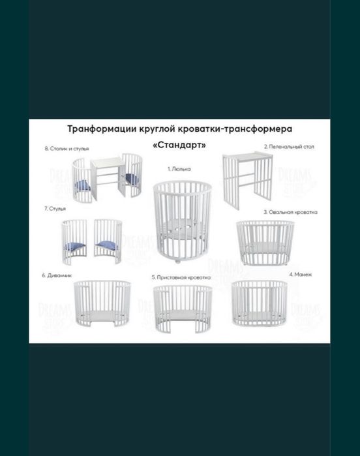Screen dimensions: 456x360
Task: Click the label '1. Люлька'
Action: pyautogui.click(x=178, y=169)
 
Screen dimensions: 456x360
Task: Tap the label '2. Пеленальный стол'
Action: pyautogui.click(x=289, y=147)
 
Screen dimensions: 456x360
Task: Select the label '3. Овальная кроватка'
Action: pyautogui.click(x=290, y=212)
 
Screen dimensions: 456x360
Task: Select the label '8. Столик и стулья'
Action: pyautogui.click(x=67, y=149)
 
